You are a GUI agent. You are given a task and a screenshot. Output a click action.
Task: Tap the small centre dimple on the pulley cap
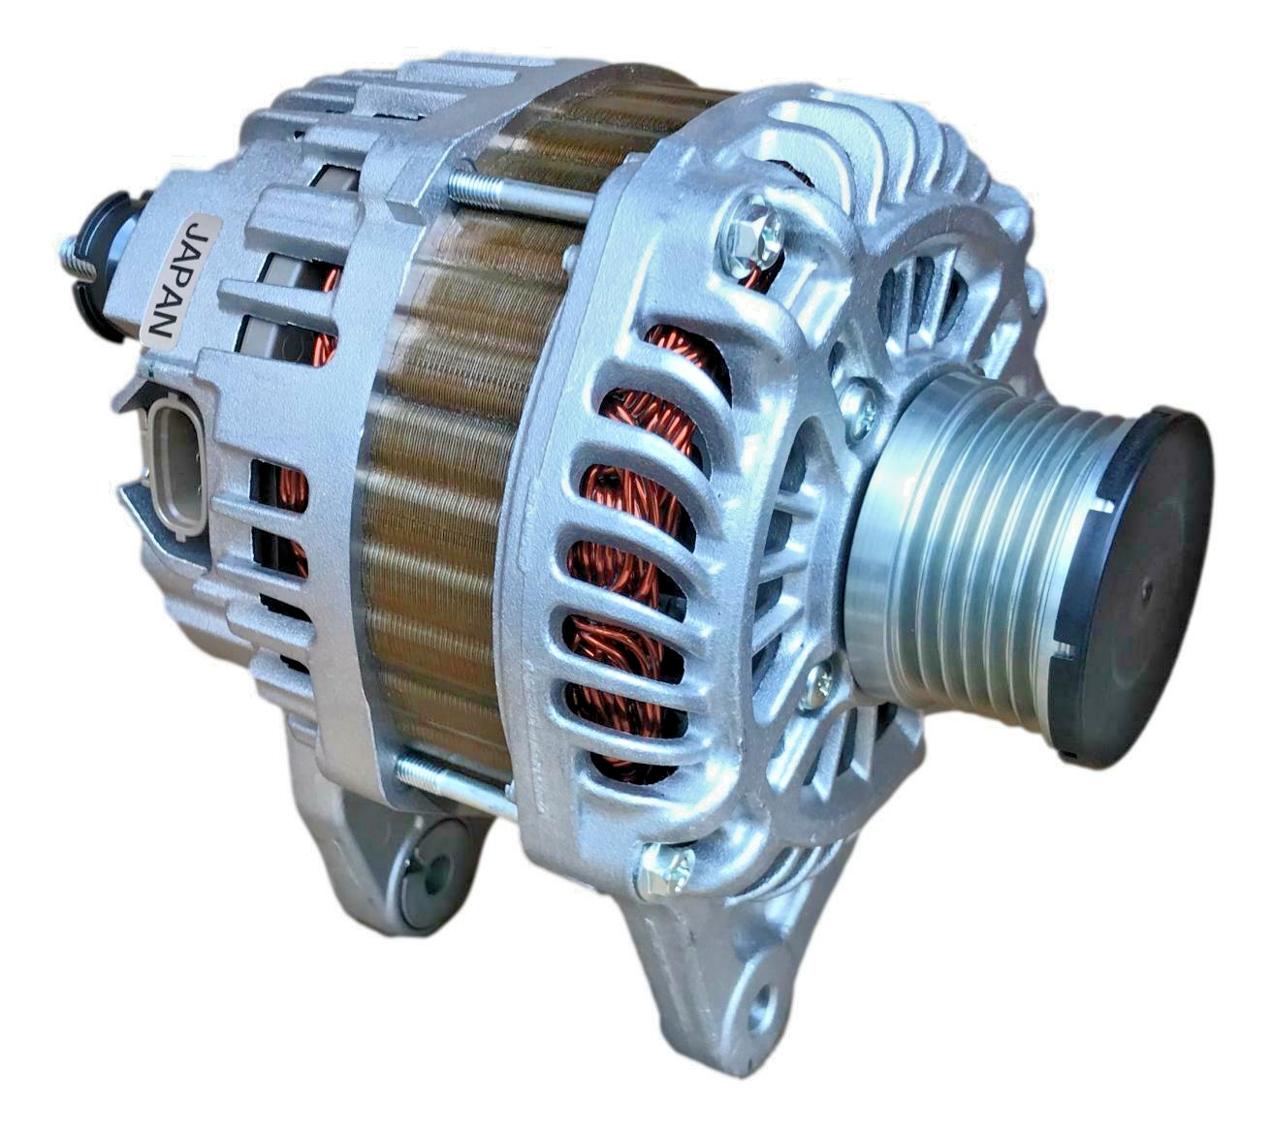[x=1146, y=588]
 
